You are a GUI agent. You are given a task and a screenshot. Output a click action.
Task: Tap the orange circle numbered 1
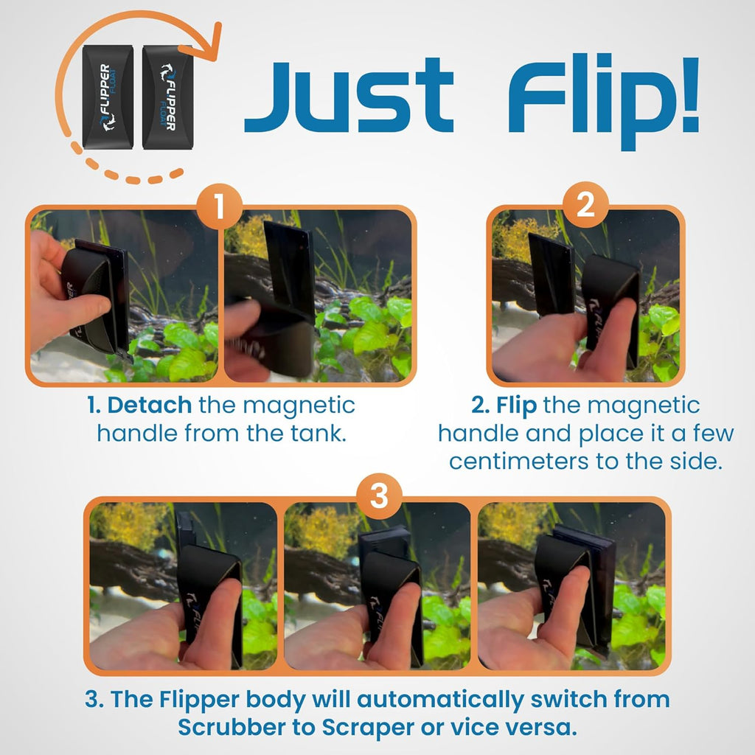[220, 208]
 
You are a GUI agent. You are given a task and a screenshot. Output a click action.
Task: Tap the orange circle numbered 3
[377, 497]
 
